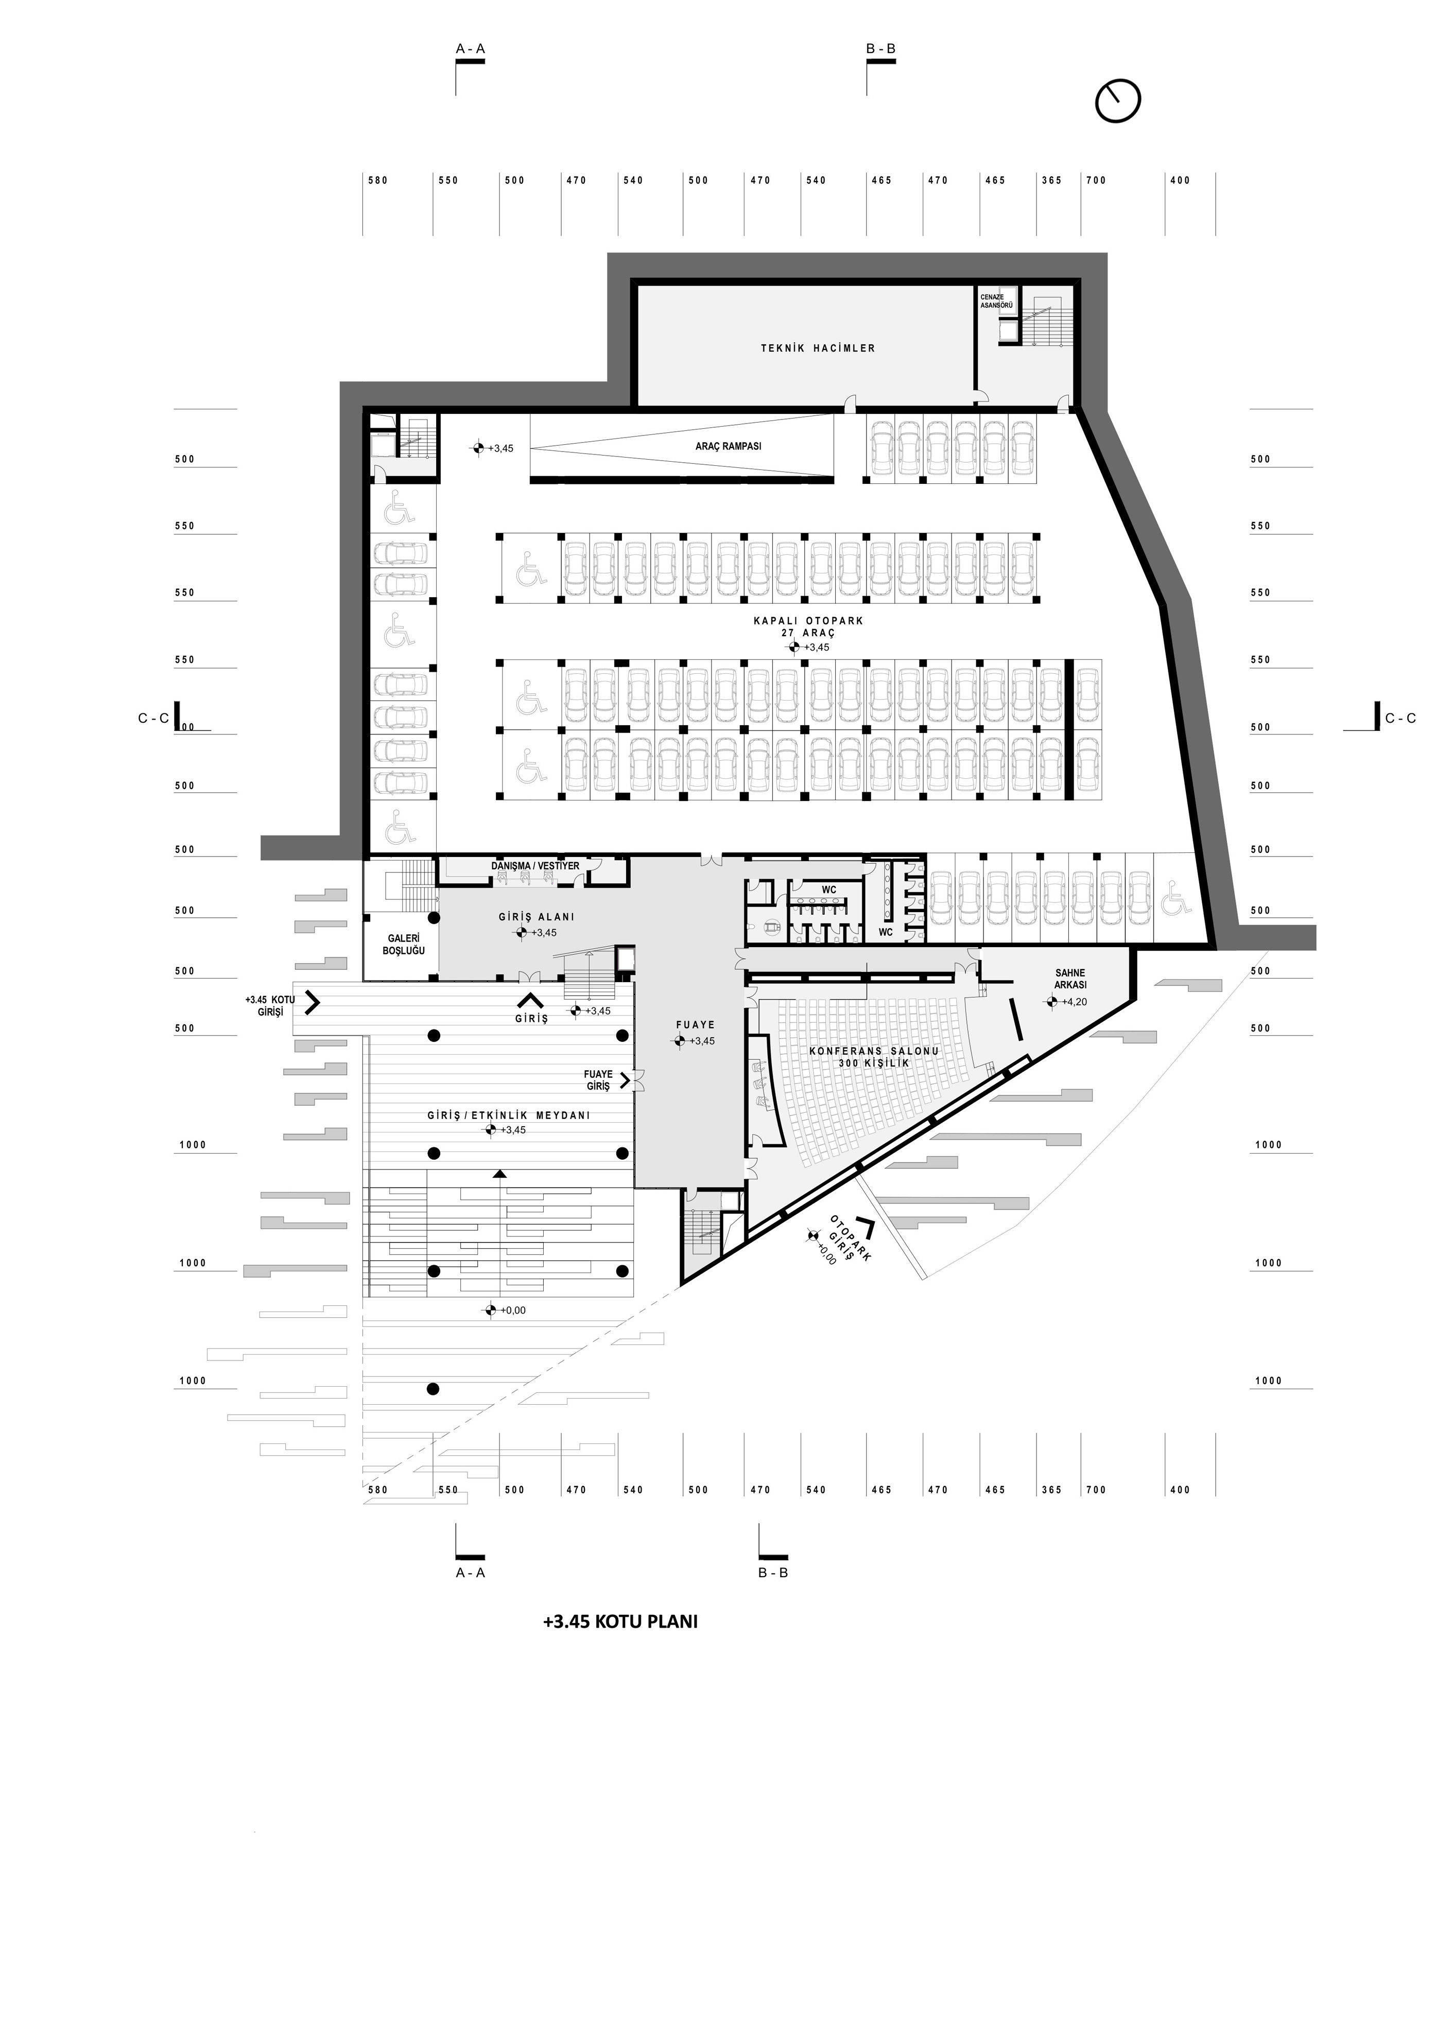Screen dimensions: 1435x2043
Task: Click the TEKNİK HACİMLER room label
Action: tap(817, 348)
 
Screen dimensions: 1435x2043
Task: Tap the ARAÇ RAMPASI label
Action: tap(728, 446)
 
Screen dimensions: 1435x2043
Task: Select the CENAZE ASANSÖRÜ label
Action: tap(996, 300)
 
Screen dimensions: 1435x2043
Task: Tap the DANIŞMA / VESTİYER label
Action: tap(535, 866)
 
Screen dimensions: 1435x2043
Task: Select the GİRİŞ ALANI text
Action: tap(537, 917)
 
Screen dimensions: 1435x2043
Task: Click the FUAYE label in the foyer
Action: tap(695, 1025)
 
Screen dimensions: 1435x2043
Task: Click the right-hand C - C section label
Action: tap(1401, 718)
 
